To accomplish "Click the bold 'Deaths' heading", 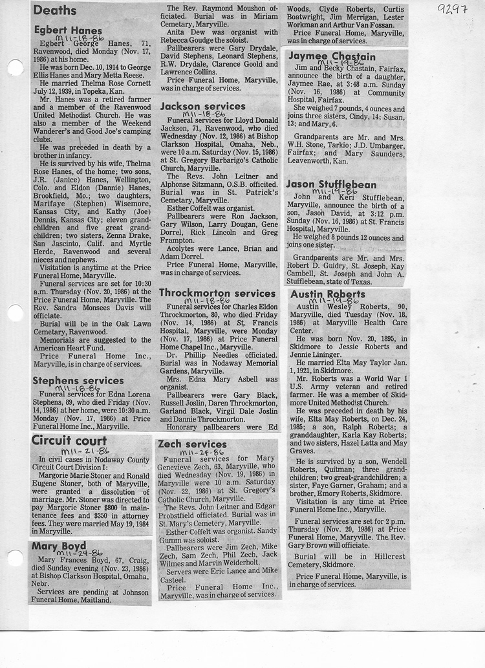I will point(56,10).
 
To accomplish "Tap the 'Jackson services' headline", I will point(202,106).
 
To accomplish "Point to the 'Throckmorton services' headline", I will point(217,293).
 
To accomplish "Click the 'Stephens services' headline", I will point(78,381).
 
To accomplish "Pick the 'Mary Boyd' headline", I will point(59,546).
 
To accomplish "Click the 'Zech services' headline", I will point(193,444).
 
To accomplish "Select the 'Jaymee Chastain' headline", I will point(331,56).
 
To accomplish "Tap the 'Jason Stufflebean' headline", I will point(331,184).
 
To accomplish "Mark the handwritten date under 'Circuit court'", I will point(85,451).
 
